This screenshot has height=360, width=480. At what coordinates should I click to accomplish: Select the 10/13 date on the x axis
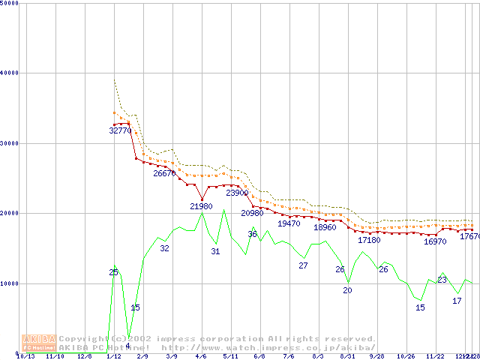pos(25,356)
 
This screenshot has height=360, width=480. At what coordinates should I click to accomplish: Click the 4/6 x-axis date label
pos(201,356)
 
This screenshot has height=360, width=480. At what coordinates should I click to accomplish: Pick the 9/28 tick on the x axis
pos(376,356)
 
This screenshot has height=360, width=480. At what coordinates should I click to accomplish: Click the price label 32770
pos(120,130)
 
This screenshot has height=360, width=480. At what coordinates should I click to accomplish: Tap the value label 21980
pos(202,206)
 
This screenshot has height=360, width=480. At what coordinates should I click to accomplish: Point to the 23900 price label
pos(237,193)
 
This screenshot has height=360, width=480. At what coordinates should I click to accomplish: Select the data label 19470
pos(289,223)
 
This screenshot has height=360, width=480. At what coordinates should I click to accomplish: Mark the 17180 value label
pos(369,240)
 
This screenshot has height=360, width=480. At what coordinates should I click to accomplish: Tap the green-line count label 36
pos(252,235)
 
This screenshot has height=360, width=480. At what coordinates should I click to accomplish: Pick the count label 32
pos(164,248)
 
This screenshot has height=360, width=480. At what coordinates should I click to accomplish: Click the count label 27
pos(303,265)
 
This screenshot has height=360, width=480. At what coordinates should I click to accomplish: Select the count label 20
pos(347,290)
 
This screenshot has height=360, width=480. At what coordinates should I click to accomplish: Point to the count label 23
pos(442,280)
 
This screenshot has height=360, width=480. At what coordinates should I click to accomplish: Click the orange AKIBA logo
pos(39,343)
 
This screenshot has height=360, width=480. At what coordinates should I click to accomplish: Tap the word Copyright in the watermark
pos(86,338)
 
